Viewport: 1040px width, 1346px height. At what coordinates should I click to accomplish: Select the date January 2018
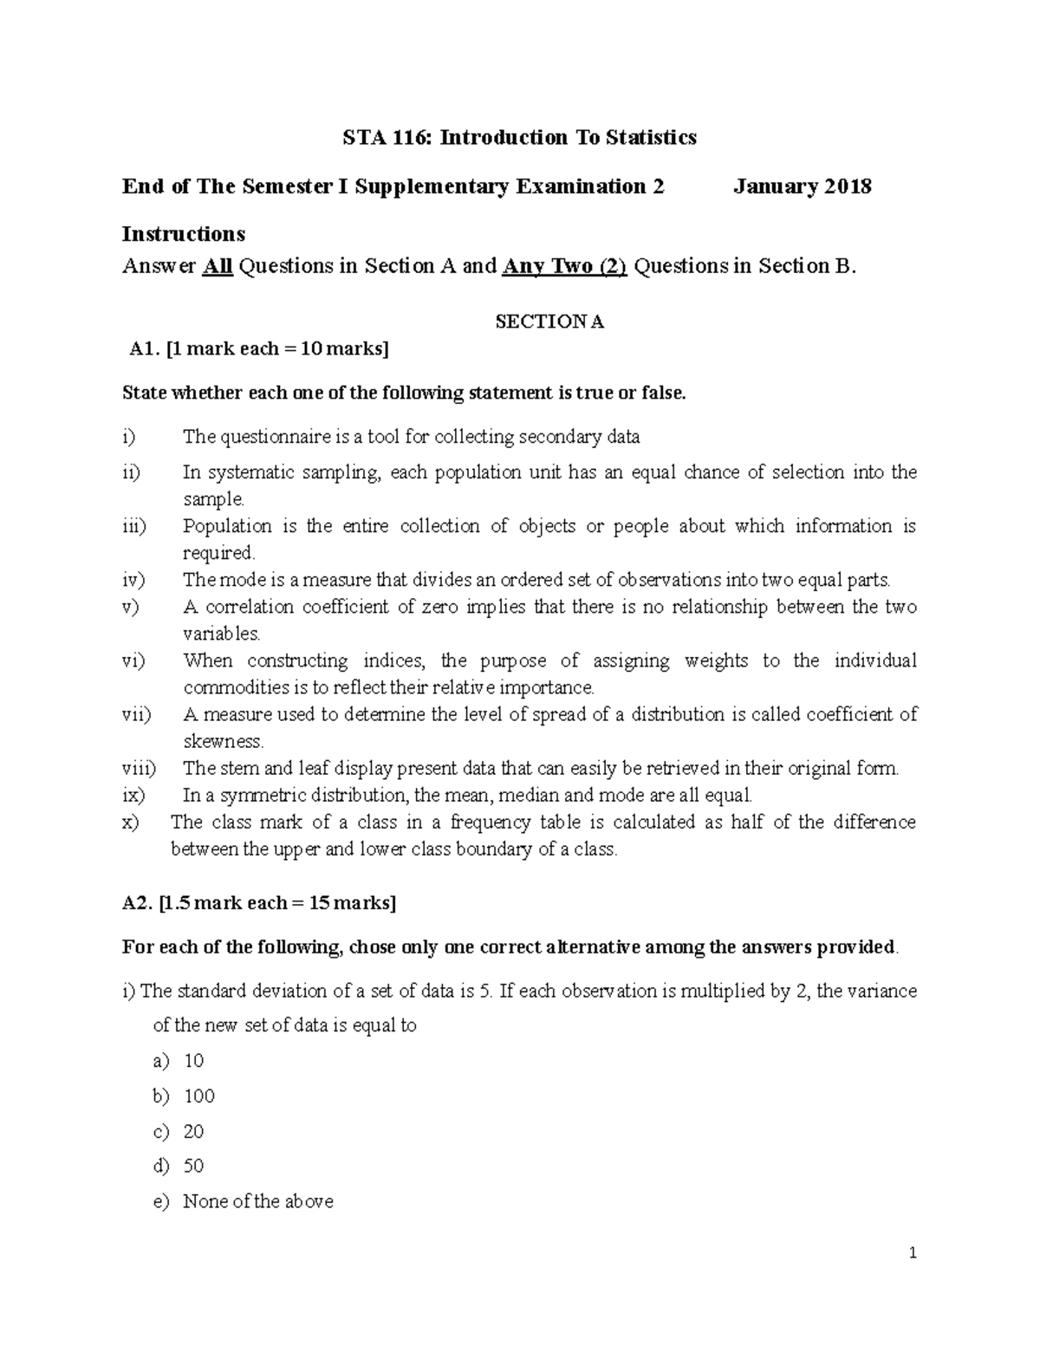802,186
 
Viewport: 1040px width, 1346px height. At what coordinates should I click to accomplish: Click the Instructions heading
184,234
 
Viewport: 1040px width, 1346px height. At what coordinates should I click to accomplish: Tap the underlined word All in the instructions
218,266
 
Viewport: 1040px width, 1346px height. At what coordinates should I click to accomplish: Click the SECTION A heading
549,322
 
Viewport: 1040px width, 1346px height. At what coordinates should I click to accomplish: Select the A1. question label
144,349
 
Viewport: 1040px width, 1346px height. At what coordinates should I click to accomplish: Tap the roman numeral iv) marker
133,580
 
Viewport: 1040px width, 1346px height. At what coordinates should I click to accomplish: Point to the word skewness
223,741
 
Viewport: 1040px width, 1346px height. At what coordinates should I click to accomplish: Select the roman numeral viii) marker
139,768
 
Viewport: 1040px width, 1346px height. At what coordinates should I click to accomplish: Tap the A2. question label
138,903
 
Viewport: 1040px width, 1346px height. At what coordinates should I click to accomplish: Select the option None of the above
257,1202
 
